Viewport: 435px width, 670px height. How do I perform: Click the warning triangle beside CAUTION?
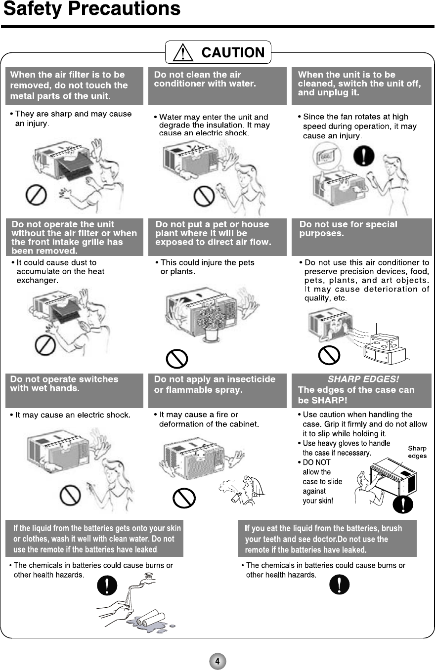click(x=183, y=52)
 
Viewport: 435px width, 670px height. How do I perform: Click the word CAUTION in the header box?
click(x=233, y=52)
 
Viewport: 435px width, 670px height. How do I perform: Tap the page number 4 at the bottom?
click(x=217, y=660)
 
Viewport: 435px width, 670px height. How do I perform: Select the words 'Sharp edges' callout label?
click(x=417, y=452)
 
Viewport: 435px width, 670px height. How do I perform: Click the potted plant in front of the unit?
click(x=211, y=321)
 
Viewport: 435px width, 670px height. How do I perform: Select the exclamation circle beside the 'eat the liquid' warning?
click(x=339, y=585)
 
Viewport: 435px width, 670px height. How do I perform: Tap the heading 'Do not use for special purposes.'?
click(x=348, y=228)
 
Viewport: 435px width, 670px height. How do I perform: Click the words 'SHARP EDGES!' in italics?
click(x=363, y=379)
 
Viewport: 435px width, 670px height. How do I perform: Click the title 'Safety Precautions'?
click(x=92, y=9)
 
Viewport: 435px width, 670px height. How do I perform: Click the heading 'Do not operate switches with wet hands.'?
click(x=64, y=383)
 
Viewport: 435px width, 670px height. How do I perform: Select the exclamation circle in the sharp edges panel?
click(x=404, y=503)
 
